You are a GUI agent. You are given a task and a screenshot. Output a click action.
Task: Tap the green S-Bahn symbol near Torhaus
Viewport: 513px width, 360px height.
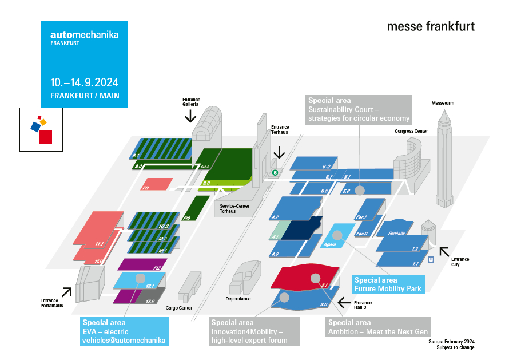tap(275, 172)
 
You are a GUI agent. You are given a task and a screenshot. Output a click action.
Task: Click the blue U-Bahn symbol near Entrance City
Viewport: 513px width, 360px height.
tap(431, 259)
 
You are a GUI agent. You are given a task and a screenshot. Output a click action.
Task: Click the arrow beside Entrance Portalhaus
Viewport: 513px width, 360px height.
tap(67, 292)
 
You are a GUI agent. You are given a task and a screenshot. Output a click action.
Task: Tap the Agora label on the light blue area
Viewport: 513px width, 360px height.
tap(331, 244)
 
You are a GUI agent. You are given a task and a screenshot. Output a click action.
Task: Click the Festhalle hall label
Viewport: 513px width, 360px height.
tap(396, 233)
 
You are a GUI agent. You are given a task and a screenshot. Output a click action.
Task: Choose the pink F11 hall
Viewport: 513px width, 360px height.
tap(156, 184)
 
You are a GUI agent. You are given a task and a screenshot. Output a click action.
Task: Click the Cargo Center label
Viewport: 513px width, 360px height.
tap(178, 308)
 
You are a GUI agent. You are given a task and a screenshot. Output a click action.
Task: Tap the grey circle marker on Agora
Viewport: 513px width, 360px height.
tap(337, 235)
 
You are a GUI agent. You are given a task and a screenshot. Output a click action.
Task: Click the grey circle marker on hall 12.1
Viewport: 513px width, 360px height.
tap(140, 278)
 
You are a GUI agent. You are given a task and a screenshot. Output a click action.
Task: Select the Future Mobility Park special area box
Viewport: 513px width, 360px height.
tap(388, 284)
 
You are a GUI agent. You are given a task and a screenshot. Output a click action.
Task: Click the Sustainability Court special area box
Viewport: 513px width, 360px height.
tap(359, 109)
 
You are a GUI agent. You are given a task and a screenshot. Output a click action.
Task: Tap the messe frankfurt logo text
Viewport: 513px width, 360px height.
tap(431, 26)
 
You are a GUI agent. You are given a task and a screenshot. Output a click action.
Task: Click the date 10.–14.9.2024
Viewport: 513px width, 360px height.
tap(84, 82)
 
